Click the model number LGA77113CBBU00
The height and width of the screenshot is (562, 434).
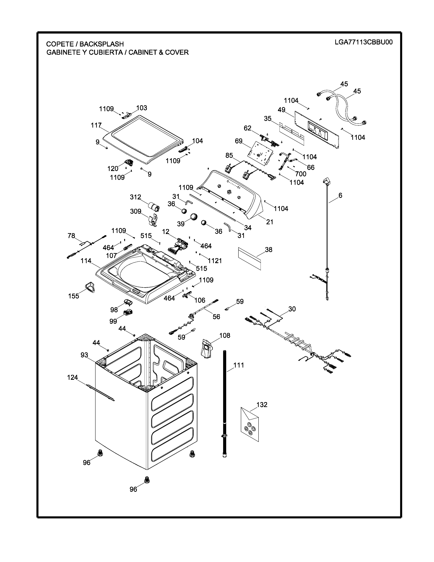pos(364,42)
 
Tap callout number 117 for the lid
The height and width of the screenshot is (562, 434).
pos(96,125)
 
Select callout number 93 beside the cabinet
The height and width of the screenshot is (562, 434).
pos(84,355)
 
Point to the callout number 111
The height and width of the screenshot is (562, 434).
pos(239,365)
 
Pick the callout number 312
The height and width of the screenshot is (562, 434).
pos(135,197)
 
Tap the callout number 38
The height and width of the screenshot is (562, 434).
pos(268,250)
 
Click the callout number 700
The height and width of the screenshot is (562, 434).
pos(301,174)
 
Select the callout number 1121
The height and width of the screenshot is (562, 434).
pos(215,261)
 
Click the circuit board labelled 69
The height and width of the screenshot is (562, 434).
pos(260,153)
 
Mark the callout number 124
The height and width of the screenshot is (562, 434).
pos(73,378)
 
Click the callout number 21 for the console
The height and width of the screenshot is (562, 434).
pos(269,222)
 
